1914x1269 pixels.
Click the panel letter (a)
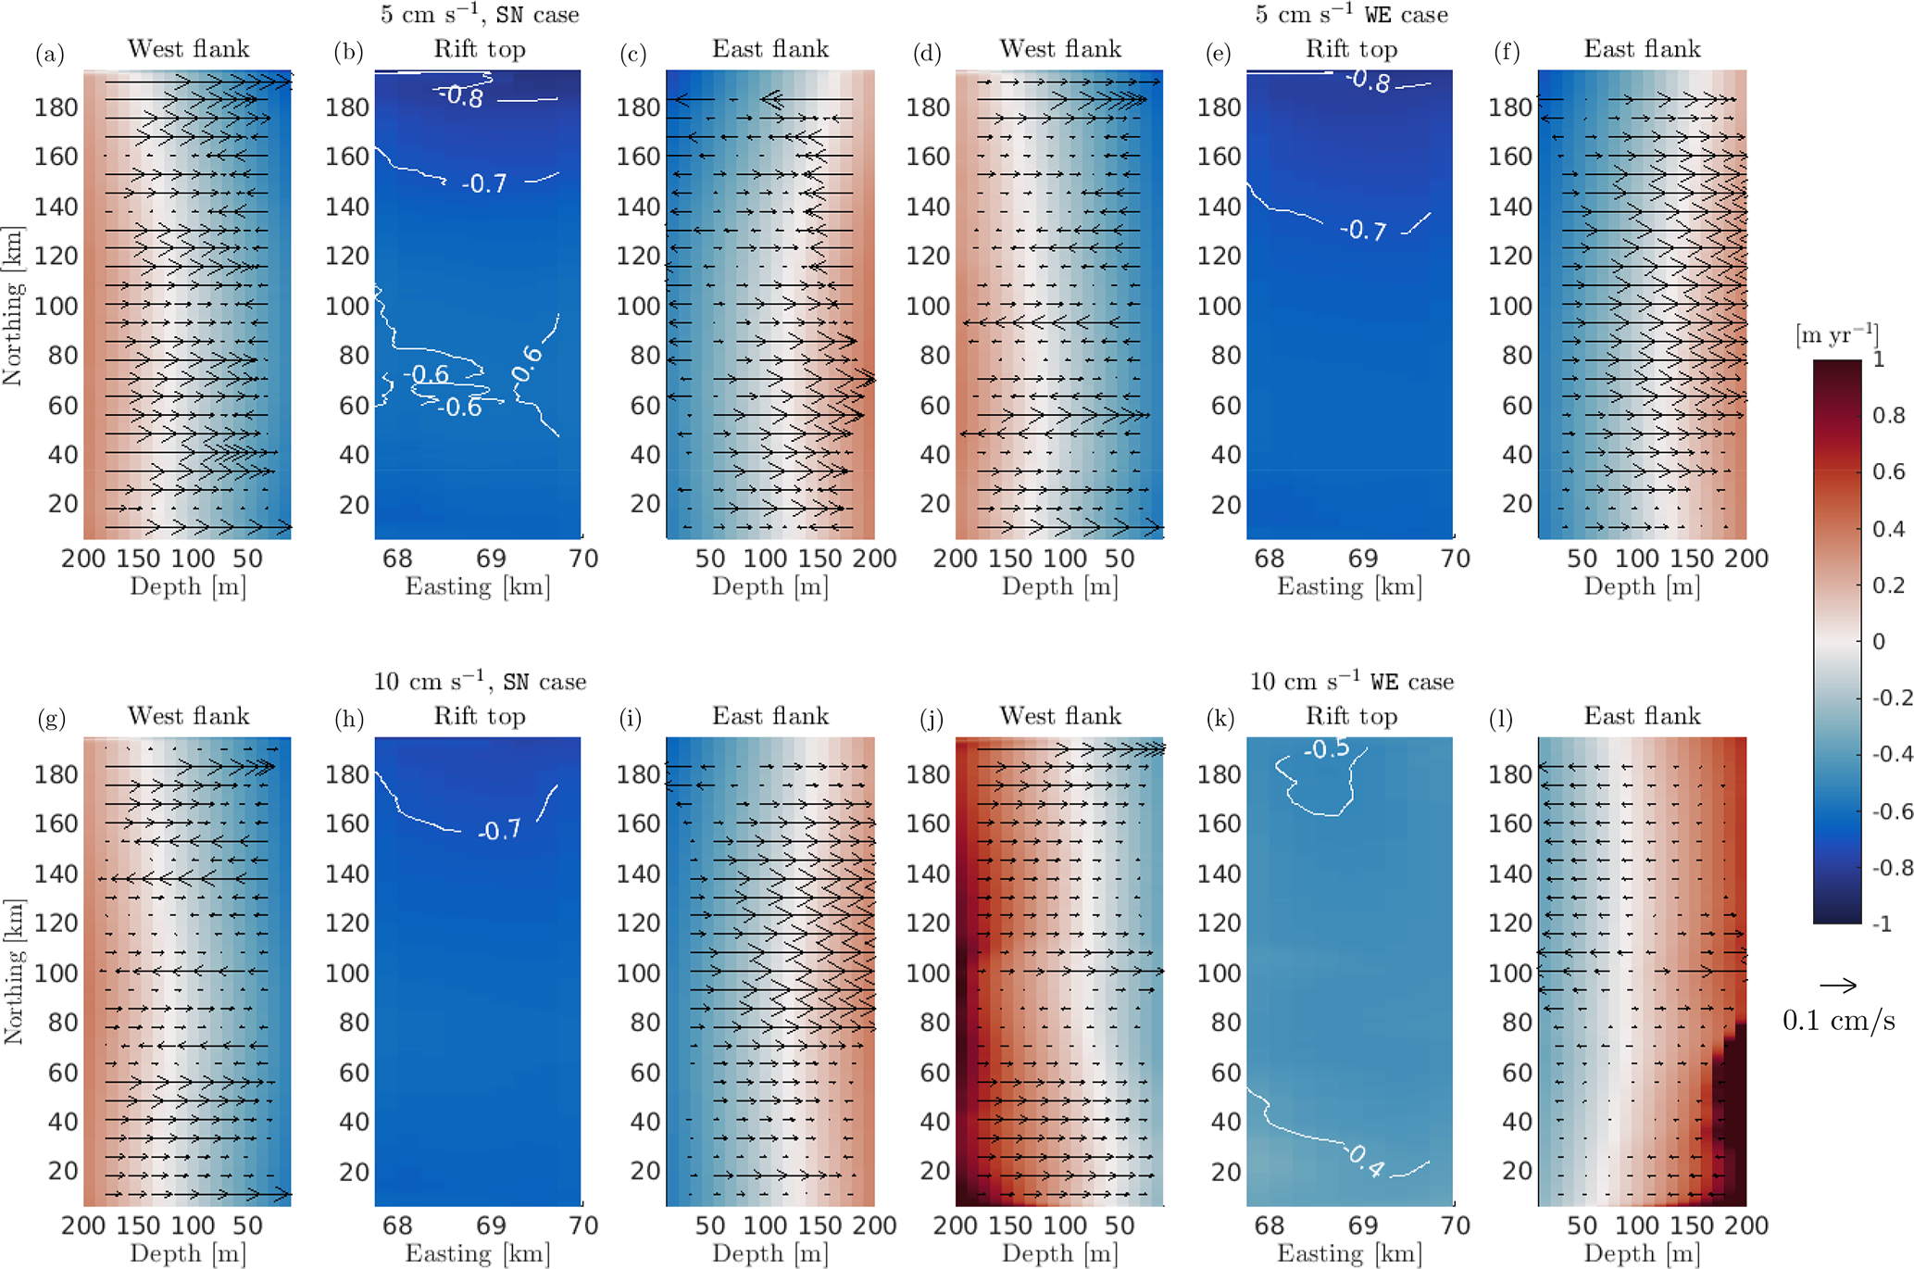point(50,53)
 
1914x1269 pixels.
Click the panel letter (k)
point(1220,720)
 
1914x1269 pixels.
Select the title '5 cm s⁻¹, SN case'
point(480,15)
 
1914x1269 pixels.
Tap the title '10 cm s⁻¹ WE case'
point(1351,682)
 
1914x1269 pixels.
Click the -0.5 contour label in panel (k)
point(1326,748)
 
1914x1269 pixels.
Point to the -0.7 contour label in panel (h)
point(499,831)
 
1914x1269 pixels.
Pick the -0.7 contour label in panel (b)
point(484,183)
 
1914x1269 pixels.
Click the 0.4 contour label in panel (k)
point(1367,1160)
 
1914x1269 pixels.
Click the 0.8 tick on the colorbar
point(1888,415)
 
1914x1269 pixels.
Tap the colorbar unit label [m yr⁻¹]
point(1837,335)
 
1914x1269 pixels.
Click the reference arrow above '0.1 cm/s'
point(1837,986)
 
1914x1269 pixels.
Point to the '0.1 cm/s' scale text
point(1838,1021)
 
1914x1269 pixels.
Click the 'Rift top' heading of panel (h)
point(480,716)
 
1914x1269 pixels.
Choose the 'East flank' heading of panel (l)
point(1642,716)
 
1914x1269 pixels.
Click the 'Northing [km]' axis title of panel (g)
point(13,971)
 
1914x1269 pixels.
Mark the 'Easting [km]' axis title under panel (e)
point(1349,586)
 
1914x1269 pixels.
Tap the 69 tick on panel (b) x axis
point(491,559)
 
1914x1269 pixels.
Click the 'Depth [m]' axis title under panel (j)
point(1059,1253)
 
